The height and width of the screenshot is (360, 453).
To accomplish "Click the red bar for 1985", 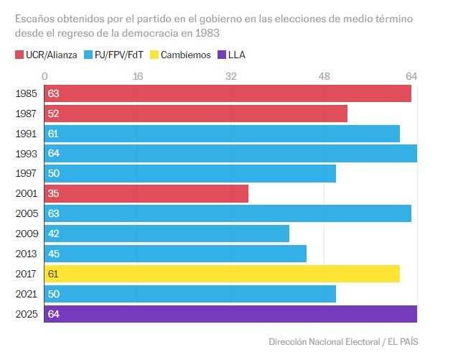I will [x=228, y=93].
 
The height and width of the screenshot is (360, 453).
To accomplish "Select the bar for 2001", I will [x=146, y=194].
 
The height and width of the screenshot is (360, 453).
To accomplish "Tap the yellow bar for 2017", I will [x=222, y=274].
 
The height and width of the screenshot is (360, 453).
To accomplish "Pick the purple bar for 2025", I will [x=230, y=314].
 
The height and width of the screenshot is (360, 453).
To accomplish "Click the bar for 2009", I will [x=167, y=234].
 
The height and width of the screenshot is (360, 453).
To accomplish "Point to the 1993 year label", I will [x=25, y=154].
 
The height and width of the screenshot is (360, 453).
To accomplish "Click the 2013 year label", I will [x=25, y=254].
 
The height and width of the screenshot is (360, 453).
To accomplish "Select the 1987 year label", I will [x=25, y=114].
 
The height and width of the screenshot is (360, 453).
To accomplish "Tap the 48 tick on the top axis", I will [x=324, y=75].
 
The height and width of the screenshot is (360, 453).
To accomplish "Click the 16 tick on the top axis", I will [x=138, y=75].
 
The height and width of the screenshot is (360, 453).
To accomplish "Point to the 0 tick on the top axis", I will [x=45, y=75].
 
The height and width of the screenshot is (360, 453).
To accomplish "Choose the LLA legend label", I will [x=236, y=55].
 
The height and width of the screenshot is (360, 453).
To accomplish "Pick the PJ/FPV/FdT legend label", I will [x=119, y=55].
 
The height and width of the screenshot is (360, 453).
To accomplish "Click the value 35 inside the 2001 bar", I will [x=53, y=194].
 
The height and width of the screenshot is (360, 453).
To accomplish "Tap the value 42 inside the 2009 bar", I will [x=53, y=234].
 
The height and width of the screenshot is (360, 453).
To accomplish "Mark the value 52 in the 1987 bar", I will [x=53, y=114].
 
